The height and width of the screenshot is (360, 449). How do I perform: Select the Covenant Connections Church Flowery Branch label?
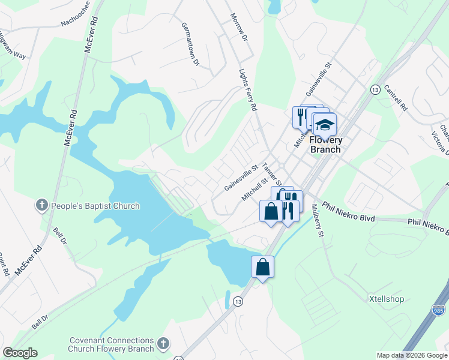coord(111,344)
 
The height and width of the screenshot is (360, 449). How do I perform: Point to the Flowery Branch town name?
coord(325,145)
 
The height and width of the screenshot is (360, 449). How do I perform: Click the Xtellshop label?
coord(386,299)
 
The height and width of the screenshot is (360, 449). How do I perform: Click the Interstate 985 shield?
coord(439,310)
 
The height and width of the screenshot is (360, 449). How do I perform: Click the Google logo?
coord(20,353)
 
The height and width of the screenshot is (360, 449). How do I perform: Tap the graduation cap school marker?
coord(325,125)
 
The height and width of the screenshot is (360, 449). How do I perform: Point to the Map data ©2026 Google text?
coord(412,355)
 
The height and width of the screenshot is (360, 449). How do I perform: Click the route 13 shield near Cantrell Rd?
coord(375,89)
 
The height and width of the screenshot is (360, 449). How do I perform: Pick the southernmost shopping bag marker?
coord(263,266)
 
